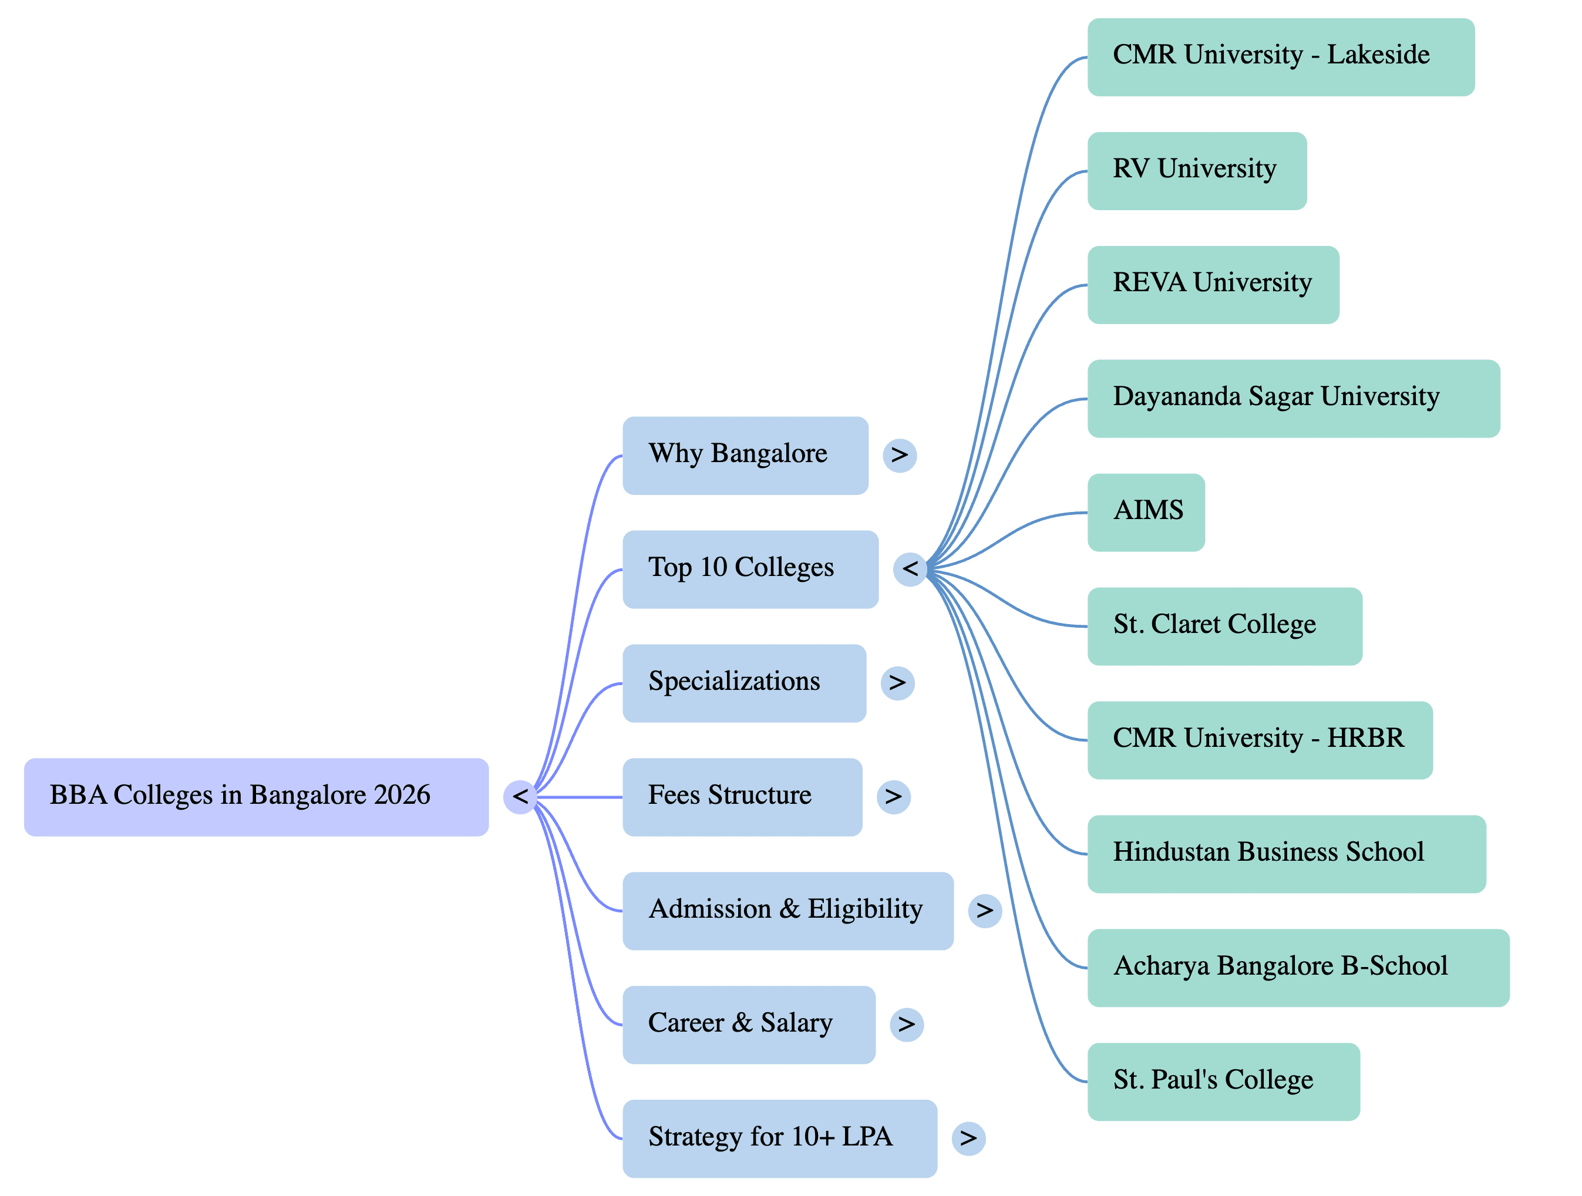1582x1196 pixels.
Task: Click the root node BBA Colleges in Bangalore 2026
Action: point(256,796)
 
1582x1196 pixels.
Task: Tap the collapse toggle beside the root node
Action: point(520,796)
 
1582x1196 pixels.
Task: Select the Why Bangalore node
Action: point(745,454)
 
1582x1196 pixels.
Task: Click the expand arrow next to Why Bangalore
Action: point(899,454)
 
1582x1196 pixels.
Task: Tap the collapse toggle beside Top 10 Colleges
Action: point(910,569)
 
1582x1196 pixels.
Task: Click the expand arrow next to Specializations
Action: point(897,683)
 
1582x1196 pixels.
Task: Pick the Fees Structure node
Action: point(742,796)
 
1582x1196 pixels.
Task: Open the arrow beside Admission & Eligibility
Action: point(984,911)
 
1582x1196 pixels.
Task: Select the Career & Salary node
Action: point(748,1025)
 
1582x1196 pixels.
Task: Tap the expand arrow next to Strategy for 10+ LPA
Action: point(968,1138)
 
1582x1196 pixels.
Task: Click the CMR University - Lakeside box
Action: point(1280,57)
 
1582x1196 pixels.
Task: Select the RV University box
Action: point(1197,171)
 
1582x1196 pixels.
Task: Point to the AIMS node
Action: point(1146,512)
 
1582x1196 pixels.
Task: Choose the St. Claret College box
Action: point(1224,625)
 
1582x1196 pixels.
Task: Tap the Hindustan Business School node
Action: point(1286,854)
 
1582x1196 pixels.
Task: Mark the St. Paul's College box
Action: point(1223,1081)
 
